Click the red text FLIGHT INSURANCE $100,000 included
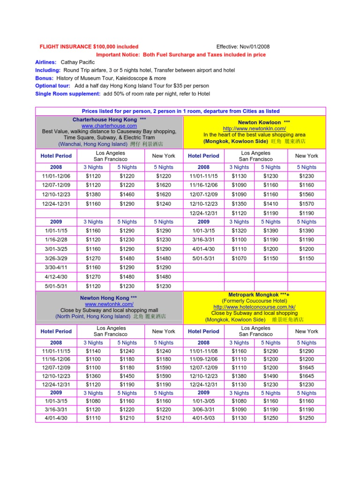(89, 47)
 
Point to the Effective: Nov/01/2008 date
(243, 47)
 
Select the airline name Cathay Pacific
(78, 62)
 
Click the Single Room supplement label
(67, 94)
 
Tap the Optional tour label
(53, 86)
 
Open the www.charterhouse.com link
(109, 126)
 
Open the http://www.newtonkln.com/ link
(255, 128)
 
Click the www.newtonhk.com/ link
(109, 304)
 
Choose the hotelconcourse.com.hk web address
(255, 307)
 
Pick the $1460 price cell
(127, 194)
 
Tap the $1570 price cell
(306, 204)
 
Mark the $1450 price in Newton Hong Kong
(127, 376)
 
